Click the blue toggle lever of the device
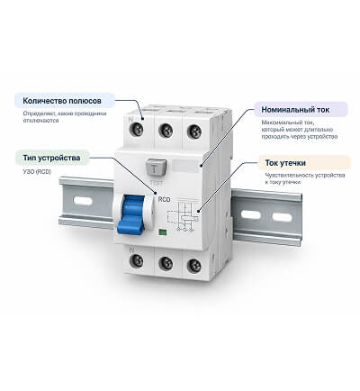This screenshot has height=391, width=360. point(131,214)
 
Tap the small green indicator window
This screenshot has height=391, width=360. point(162,232)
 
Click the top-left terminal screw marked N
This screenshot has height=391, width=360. point(136,129)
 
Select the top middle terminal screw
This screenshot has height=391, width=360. point(166,131)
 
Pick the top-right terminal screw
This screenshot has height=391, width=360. point(194,132)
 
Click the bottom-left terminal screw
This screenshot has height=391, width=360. point(136,260)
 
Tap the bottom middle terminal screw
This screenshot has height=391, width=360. point(166,263)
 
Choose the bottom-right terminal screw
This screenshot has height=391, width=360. point(194,266)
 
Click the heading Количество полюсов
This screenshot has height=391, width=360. point(62,101)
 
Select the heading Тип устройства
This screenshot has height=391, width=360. point(51,158)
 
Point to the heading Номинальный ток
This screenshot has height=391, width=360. point(295,110)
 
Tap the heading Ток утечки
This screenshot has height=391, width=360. point(285,163)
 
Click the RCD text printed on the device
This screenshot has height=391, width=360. point(164,199)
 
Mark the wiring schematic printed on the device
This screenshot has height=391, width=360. point(183,215)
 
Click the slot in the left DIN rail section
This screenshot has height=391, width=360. point(83,200)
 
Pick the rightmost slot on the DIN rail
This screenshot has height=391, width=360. point(282,216)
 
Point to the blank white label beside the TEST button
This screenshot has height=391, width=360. point(185,166)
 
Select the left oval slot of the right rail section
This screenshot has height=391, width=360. point(251,214)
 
